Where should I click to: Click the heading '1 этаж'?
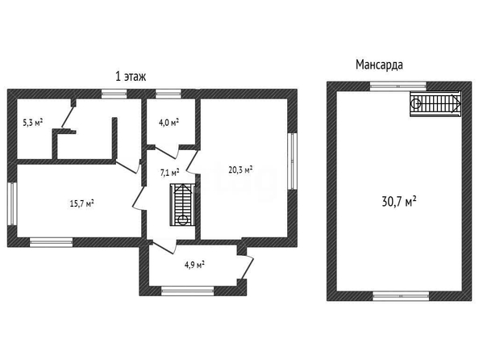click(x=131, y=77)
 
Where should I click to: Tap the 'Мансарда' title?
click(x=379, y=65)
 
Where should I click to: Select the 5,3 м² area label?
click(x=33, y=123)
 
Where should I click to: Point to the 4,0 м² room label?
click(x=169, y=123)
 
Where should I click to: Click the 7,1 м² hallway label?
click(x=169, y=173)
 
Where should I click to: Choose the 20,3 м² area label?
click(x=240, y=170)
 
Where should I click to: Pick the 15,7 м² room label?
click(x=81, y=203)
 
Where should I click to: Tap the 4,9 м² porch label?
click(x=194, y=265)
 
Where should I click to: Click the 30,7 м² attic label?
click(x=399, y=202)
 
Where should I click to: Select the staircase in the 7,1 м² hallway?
click(x=182, y=205)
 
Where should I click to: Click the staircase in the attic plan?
click(x=435, y=103)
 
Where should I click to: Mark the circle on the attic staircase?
click(x=415, y=103)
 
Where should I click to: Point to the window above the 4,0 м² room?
click(x=168, y=94)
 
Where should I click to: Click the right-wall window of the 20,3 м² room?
click(x=293, y=161)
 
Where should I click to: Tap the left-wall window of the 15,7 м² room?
click(x=12, y=204)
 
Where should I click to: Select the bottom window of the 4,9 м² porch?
click(x=188, y=291)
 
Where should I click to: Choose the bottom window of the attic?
click(x=401, y=296)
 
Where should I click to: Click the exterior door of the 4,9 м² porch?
click(x=247, y=266)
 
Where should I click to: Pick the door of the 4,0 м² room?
click(x=165, y=152)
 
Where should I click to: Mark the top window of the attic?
click(x=398, y=86)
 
